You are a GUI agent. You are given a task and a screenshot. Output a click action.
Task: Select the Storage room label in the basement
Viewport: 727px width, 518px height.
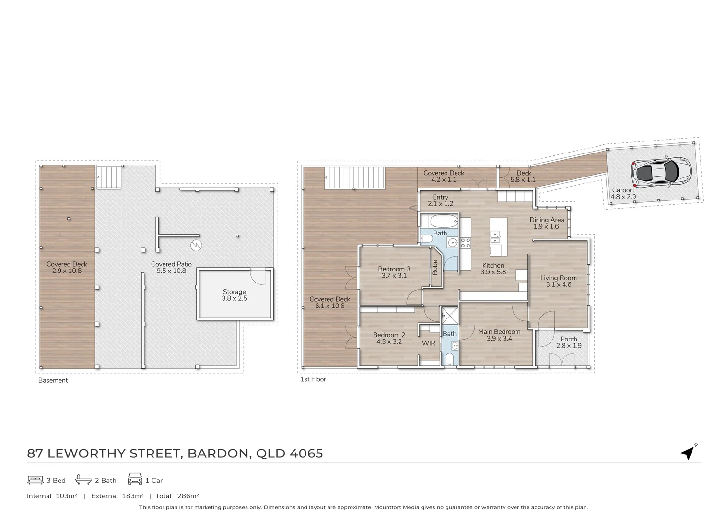pyautogui.click(x=234, y=292)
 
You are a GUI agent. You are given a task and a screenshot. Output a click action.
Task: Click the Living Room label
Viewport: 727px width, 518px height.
pyautogui.click(x=558, y=278)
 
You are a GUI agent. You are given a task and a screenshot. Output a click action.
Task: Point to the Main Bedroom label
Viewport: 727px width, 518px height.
pyautogui.click(x=499, y=331)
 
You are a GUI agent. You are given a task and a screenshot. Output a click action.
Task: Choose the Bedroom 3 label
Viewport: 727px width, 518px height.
pyautogui.click(x=394, y=269)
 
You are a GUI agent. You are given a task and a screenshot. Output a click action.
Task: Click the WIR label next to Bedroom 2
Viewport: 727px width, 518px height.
pyautogui.click(x=428, y=343)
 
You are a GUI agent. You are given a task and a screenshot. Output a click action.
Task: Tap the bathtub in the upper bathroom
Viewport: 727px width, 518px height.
pyautogui.click(x=439, y=222)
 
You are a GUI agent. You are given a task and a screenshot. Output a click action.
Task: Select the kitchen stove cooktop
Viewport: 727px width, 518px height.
pyautogui.click(x=465, y=243)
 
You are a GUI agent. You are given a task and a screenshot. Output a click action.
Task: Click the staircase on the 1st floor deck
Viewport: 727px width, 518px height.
pyautogui.click(x=355, y=178)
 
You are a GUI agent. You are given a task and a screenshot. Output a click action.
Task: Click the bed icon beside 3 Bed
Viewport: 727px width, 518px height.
pyautogui.click(x=35, y=480)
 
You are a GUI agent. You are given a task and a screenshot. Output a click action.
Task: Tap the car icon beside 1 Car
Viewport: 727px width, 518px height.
pyautogui.click(x=135, y=480)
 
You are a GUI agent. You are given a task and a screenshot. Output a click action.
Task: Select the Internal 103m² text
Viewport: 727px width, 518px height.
pyautogui.click(x=52, y=496)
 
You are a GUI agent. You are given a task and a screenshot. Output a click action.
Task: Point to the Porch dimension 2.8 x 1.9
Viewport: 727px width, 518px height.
pyautogui.click(x=569, y=346)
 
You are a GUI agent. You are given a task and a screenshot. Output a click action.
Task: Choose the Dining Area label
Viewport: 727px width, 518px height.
pyautogui.click(x=547, y=220)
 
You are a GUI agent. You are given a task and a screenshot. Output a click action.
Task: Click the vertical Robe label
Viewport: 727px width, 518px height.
pyautogui.click(x=435, y=267)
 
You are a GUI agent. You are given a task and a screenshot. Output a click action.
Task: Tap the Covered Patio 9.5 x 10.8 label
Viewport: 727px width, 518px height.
pyautogui.click(x=171, y=268)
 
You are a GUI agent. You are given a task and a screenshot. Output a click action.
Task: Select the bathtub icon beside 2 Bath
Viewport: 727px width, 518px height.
pyautogui.click(x=83, y=480)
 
